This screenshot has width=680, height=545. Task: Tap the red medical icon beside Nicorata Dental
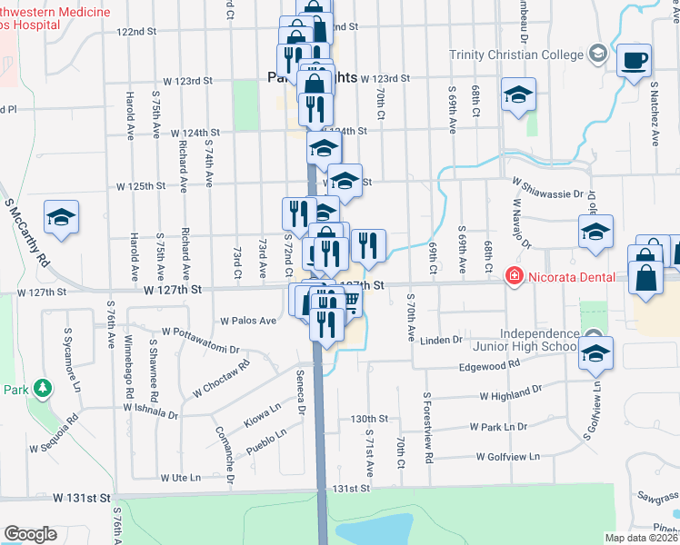coord(515,274)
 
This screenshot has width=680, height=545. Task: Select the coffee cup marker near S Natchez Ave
coord(633,62)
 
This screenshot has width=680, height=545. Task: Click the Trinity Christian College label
coord(516,54)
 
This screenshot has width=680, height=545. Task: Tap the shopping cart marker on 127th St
coord(349,299)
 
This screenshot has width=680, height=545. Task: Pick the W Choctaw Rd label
coord(220,381)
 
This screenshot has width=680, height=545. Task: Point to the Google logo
coord(30,533)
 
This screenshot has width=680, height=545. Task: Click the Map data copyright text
coord(641,538)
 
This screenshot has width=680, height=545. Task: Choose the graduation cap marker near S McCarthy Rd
coord(61,217)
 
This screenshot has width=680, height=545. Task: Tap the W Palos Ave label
coord(248,321)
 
